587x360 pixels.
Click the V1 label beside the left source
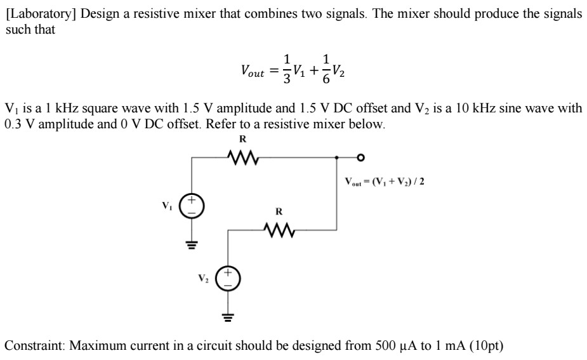pos(168,206)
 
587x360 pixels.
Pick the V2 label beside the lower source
pos(202,277)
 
